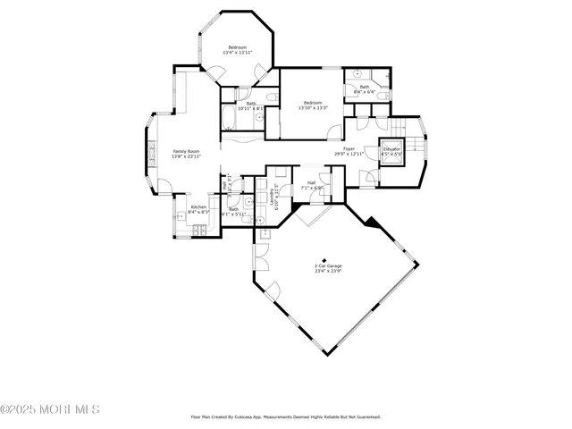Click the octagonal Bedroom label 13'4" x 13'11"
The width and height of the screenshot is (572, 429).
pos(237,50)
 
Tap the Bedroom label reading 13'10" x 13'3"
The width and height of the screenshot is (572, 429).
pos(313,105)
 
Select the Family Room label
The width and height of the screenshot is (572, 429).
pos(186,154)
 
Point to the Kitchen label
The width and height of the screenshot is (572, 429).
pos(199,209)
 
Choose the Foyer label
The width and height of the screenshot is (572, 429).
pos(349,151)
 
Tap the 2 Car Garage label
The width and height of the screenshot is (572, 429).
pos(328,268)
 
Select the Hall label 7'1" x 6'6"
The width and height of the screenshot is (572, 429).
pos(311,185)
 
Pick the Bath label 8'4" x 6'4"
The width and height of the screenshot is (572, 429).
pos(365,88)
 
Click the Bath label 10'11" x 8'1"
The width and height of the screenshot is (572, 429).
pos(252,106)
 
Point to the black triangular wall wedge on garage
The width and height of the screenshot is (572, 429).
pos(373,228)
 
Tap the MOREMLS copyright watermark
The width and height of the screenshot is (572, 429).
pos(50,409)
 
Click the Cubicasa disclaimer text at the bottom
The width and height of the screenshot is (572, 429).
pos(286,416)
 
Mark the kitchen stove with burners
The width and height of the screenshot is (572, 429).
pos(200,231)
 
